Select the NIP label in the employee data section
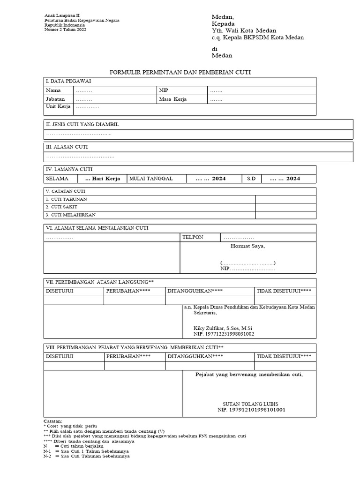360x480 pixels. coord(163,90)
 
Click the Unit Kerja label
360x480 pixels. coord(58,107)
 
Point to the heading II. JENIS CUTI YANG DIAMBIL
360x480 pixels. coord(82,124)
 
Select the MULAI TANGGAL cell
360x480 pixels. coord(151,179)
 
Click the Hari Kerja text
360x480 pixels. coord(103,179)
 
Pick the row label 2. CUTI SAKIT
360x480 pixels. coord(61,207)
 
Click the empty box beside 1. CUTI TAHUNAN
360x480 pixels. coord(285,199)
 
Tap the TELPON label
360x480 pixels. coord(193,237)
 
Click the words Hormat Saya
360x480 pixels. coord(247,246)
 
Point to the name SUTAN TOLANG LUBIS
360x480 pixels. coord(251,404)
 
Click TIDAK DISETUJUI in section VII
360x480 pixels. coord(284,291)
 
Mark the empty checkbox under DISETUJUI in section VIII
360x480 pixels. coord(74,366)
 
